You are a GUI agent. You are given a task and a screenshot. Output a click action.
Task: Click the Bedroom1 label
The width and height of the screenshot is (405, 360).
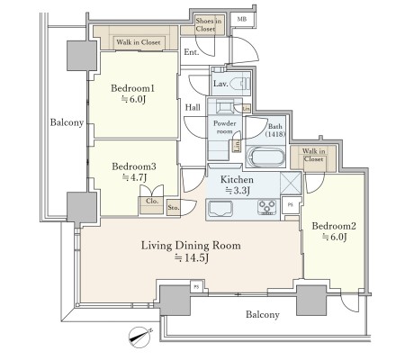tap(132, 88)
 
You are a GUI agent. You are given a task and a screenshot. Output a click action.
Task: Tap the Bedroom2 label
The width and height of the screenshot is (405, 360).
tap(334, 226)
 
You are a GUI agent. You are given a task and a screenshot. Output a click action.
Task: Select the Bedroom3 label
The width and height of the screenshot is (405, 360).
tap(134, 166)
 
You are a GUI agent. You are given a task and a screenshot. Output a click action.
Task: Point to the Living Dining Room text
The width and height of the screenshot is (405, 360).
tap(191, 246)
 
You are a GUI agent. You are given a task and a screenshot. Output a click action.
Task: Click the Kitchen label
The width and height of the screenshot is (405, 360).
tap(237, 179)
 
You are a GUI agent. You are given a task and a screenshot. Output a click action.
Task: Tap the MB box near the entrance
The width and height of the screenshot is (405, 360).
tap(242, 20)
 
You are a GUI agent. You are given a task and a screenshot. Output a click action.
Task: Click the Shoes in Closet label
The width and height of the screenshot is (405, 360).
tap(209, 25)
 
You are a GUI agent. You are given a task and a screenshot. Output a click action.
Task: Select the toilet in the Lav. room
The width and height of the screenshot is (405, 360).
tap(243, 84)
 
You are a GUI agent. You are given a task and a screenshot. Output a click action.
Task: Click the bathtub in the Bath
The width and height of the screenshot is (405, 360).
tap(265, 157)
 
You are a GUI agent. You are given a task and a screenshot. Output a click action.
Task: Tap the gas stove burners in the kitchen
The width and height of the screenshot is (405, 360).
tap(266, 207)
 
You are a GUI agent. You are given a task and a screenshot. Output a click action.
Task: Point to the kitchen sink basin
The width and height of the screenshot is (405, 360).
tap(220, 209)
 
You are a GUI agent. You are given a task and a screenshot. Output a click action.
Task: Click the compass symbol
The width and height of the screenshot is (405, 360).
tap(139, 337)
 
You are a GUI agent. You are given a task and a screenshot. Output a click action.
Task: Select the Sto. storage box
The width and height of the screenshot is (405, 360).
tap(174, 208)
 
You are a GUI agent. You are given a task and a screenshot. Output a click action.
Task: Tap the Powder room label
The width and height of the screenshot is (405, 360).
tap(225, 127)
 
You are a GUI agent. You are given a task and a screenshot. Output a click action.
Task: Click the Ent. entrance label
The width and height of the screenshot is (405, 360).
tap(192, 52)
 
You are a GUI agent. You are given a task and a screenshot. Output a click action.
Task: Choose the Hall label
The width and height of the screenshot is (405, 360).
tap(193, 107)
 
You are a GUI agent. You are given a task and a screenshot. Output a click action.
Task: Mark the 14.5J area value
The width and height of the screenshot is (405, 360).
tap(192, 258)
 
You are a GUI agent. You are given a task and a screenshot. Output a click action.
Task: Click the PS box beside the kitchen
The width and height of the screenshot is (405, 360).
tap(291, 205)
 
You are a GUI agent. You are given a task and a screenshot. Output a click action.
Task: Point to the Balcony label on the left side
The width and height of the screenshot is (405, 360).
tap(67, 122)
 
